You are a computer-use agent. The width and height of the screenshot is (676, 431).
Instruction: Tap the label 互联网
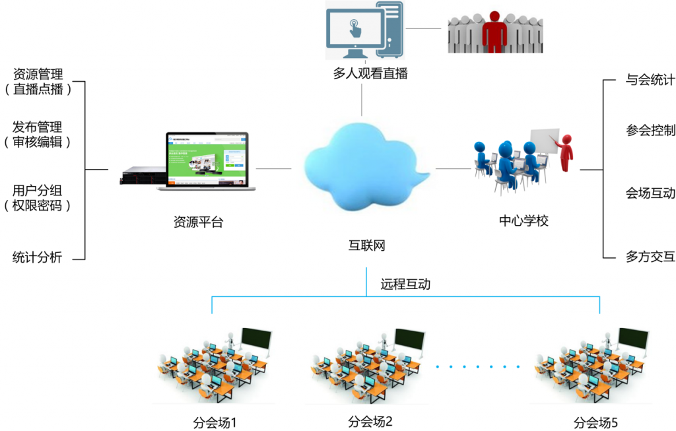pos(366,246)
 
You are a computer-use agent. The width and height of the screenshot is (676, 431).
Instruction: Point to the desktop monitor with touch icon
pos(355,30)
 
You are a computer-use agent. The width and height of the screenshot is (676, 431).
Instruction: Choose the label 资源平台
pos(198,222)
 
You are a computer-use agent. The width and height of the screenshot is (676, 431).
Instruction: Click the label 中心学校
pos(524,220)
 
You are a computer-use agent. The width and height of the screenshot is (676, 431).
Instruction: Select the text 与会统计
pos(650,81)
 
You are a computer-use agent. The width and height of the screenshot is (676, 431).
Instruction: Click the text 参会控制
pos(650,130)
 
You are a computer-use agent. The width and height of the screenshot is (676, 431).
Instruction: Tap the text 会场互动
pos(650,193)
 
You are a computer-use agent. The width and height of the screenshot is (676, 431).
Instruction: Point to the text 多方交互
pos(650,257)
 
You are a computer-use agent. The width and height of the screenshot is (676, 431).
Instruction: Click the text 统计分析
pos(37,257)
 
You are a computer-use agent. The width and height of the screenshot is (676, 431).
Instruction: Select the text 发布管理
pos(37,127)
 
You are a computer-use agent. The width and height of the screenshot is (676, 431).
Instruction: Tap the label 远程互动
pos(405,284)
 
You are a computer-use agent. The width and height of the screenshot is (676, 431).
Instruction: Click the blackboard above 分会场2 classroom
pos(409,340)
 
